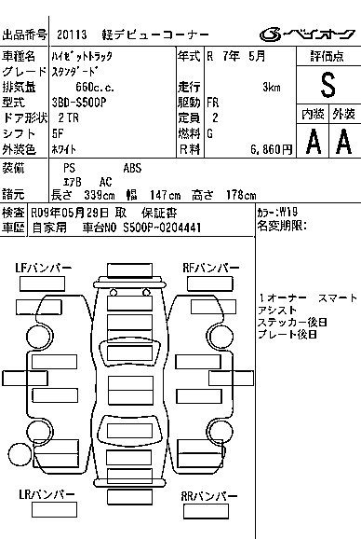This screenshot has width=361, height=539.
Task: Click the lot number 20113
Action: (72, 35)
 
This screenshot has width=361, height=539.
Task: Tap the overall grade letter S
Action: (328, 85)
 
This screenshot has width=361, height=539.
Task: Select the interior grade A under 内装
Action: (314, 142)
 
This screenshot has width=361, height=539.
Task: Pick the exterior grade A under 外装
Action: (344, 142)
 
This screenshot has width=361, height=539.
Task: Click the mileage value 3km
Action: (272, 88)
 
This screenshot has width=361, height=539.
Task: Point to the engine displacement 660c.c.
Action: (95, 88)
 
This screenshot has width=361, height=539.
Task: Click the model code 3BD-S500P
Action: (79, 103)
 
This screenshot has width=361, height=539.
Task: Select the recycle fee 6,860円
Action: (271, 149)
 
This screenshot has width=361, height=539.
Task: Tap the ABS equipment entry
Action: (132, 168)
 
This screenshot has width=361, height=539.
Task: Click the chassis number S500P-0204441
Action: (162, 228)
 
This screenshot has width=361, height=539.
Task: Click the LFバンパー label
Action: (43, 269)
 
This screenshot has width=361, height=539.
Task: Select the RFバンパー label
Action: (211, 269)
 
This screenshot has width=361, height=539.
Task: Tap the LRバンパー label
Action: (47, 494)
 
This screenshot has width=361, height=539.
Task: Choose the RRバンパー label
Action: (209, 496)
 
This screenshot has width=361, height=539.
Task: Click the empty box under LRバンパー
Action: (54, 510)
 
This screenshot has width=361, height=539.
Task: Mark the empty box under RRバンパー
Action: (206, 512)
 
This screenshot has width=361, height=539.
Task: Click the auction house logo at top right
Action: (307, 34)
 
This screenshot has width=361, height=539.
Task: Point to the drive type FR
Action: (212, 103)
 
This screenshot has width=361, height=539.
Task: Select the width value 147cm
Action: (165, 196)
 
